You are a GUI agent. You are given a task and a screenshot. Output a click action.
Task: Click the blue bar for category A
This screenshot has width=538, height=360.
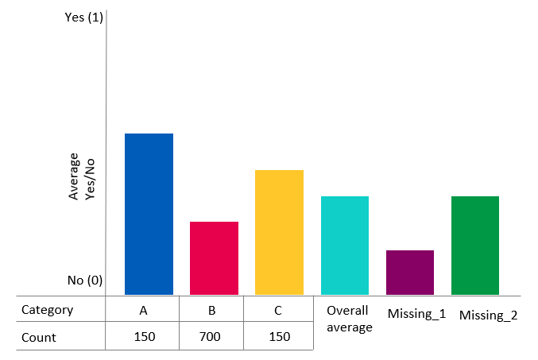[149, 214]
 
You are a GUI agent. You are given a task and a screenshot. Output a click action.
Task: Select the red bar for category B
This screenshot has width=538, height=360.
[214, 258]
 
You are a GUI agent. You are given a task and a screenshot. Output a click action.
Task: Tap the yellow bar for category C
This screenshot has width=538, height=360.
[279, 232]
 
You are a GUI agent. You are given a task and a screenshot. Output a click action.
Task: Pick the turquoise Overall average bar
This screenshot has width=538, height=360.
[344, 245]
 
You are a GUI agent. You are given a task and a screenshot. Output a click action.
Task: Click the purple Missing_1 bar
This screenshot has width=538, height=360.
[409, 273]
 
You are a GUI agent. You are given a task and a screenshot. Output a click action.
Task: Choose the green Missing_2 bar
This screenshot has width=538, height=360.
[474, 245]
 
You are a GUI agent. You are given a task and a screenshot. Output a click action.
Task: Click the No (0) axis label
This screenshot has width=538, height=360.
[85, 281]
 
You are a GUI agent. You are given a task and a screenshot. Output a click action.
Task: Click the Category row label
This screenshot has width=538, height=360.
[47, 310]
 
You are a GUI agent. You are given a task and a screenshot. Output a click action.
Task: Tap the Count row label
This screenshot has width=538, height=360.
[39, 337]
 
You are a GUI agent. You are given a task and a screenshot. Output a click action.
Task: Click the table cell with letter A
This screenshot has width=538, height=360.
[143, 310]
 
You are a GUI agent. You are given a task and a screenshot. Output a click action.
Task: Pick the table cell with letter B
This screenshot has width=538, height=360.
[211, 310]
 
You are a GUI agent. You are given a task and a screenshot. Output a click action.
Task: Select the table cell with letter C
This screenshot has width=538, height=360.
[277, 310]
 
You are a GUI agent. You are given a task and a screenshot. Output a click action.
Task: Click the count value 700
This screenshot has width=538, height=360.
[211, 337]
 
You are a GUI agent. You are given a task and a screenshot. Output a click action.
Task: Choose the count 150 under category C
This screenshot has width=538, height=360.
[278, 337]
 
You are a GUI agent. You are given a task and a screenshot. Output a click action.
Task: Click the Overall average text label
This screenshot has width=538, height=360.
[349, 319]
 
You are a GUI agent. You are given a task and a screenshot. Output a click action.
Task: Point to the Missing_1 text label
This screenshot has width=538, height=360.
[416, 314]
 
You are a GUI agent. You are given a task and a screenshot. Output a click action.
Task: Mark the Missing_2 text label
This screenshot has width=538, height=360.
[488, 315]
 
